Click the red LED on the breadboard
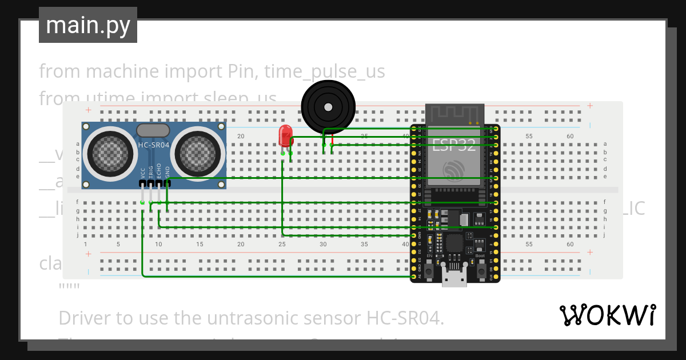(x=284, y=136)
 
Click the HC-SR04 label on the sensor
(x=153, y=145)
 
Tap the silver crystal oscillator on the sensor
(x=153, y=130)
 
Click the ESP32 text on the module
(x=453, y=145)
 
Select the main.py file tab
(x=88, y=25)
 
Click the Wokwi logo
(x=607, y=315)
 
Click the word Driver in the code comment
(x=86, y=318)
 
